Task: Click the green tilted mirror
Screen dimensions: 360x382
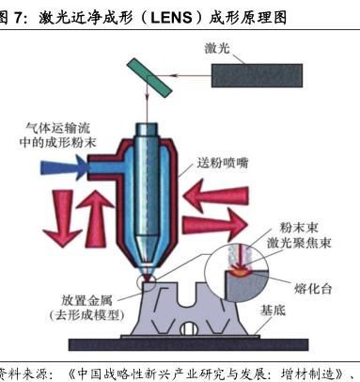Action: [149, 77]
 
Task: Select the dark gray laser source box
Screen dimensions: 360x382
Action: [257, 75]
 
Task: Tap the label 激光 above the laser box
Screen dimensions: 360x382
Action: [217, 48]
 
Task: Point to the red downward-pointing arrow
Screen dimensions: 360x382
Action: [63, 218]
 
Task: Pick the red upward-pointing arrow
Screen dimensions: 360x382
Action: [95, 218]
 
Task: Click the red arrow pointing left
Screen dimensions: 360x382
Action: [215, 197]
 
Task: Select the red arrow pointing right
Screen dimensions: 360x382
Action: [215, 225]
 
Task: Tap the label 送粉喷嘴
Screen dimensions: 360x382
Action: [223, 163]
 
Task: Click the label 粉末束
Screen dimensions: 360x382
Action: [299, 228]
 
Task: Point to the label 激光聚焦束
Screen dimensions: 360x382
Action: [299, 243]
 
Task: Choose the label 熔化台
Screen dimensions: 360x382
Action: [313, 289]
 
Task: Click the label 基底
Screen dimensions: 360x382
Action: [273, 310]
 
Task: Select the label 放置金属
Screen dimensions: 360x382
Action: [86, 300]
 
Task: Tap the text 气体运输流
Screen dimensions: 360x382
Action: [57, 128]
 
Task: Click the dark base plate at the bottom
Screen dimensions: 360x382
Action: [189, 344]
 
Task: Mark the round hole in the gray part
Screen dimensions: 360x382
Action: [189, 328]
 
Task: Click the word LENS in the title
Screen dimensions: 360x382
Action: [171, 18]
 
